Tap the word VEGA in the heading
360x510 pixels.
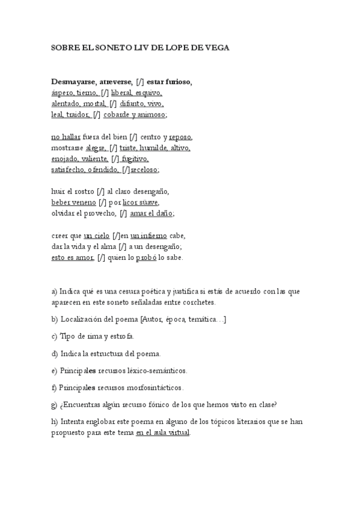216,47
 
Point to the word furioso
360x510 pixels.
178,82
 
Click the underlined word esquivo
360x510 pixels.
148,93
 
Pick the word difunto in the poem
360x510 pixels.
131,104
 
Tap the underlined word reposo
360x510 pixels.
180,137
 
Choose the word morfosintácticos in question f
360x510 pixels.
154,387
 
